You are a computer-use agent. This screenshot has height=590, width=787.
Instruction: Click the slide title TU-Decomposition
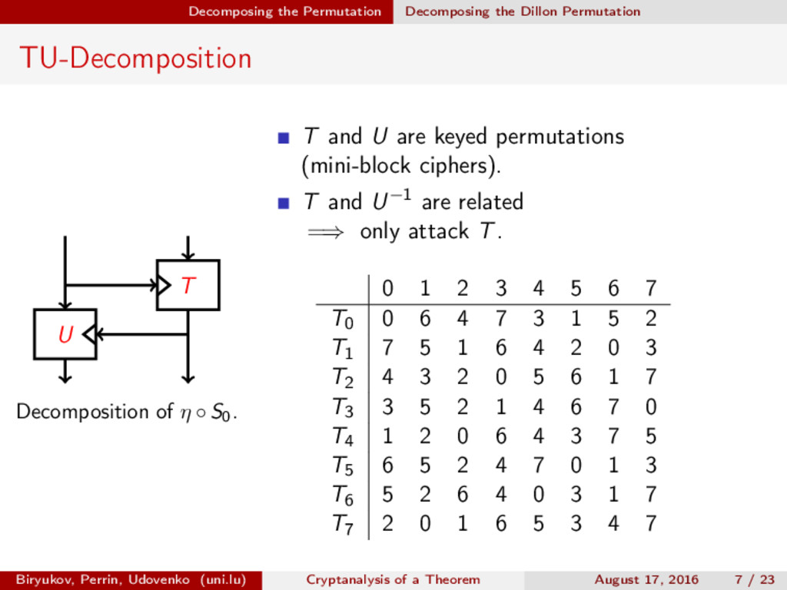click(135, 58)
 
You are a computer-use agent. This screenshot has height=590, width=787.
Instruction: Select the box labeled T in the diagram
click(188, 285)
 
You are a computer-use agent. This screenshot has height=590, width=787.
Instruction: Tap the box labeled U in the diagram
click(65, 334)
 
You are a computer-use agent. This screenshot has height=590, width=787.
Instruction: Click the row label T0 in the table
click(343, 319)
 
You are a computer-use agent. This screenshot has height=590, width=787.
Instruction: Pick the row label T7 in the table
click(343, 525)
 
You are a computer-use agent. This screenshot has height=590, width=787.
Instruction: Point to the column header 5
click(576, 289)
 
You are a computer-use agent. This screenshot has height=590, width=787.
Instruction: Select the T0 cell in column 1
click(425, 319)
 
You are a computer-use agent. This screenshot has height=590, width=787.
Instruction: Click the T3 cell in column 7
click(651, 406)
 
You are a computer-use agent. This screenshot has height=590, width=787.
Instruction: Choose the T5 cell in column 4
click(538, 466)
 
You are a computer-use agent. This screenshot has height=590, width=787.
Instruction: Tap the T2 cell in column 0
click(387, 377)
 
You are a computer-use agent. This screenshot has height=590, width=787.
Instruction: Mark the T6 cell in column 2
click(463, 495)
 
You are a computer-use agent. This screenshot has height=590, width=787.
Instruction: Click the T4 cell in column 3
click(500, 436)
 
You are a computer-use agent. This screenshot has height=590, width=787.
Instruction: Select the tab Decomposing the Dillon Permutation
click(523, 12)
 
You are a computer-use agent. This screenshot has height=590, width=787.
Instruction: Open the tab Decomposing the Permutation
click(284, 12)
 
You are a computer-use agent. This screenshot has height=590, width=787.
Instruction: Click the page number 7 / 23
click(754, 579)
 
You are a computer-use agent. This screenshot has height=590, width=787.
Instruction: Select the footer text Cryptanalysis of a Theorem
click(393, 579)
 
